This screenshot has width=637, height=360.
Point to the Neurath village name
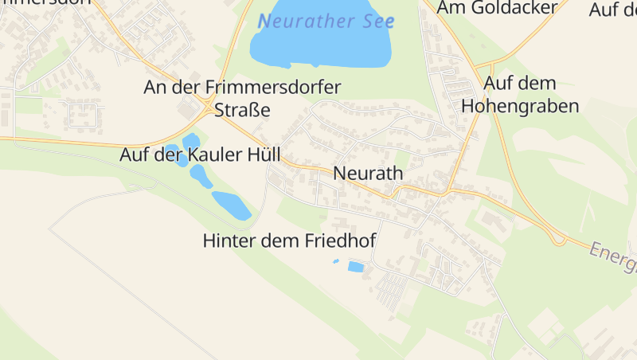pyautogui.click(x=369, y=173)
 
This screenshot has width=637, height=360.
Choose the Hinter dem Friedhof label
pyautogui.click(x=289, y=241)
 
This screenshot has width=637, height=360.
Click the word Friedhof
pyautogui.click(x=338, y=241)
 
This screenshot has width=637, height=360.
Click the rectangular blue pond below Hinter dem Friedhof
pyautogui.click(x=356, y=267)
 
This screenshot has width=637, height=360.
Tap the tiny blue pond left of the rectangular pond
pyautogui.click(x=335, y=261)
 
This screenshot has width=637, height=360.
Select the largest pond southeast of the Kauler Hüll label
pyautogui.click(x=231, y=205)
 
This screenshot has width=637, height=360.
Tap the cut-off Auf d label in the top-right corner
pyautogui.click(x=612, y=9)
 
